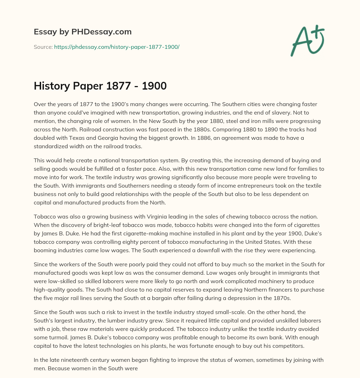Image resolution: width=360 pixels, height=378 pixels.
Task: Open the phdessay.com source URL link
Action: click(117, 47)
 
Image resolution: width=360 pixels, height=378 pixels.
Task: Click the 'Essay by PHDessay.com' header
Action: click(83, 32)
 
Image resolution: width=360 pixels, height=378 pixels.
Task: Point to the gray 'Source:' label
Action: click(43, 47)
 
